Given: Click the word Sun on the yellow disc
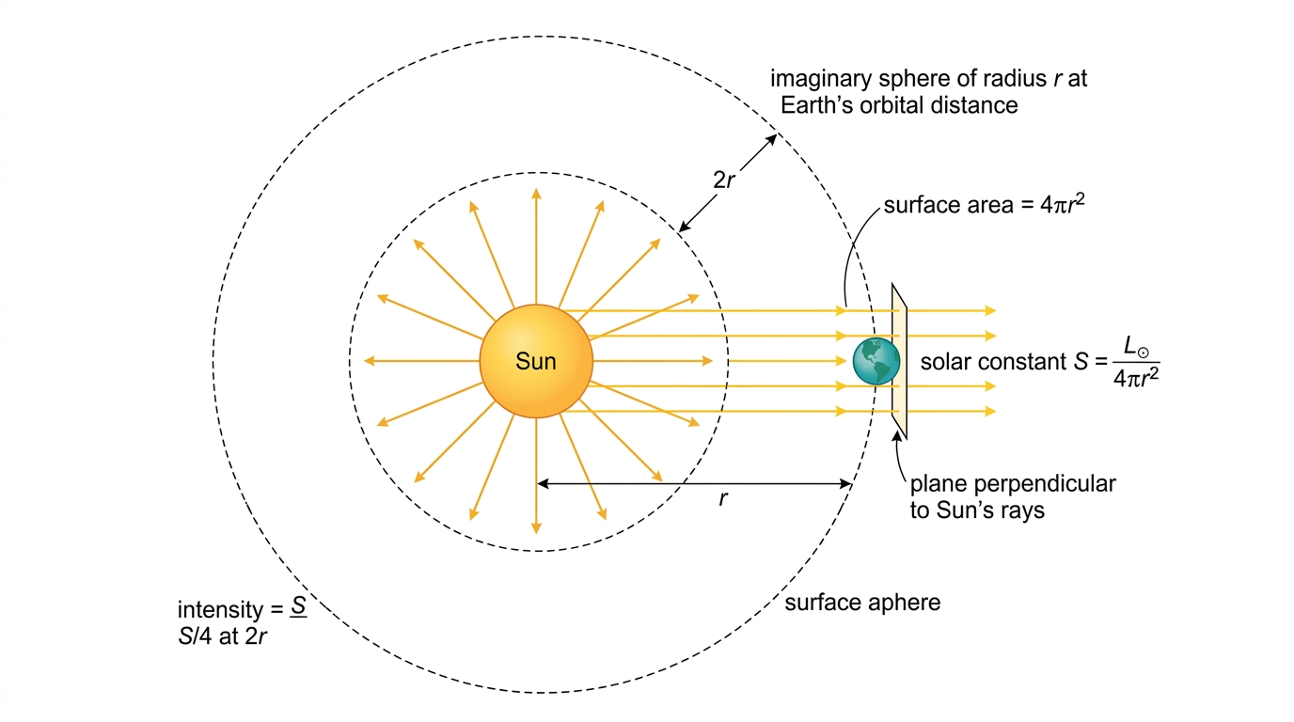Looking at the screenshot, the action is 535,362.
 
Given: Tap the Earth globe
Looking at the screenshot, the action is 876,362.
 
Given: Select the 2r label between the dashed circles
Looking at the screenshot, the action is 724,180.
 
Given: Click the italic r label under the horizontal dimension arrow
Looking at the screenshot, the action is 723,498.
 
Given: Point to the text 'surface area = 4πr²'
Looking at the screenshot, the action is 985,204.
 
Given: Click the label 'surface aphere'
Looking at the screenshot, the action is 862,603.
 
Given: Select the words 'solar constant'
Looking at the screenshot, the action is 993,362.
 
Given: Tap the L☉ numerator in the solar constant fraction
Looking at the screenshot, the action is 1136,347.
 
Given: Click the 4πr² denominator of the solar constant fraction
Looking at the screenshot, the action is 1136,378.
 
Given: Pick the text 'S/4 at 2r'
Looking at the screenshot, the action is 222,636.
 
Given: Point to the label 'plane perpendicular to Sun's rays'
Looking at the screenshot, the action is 1013,496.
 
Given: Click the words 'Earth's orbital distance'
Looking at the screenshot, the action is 899,105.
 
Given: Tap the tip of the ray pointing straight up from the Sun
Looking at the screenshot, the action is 537,189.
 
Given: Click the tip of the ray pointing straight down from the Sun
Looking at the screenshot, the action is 537,533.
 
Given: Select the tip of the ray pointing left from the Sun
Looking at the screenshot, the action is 365,361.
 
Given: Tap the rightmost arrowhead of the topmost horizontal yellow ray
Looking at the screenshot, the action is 991,311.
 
